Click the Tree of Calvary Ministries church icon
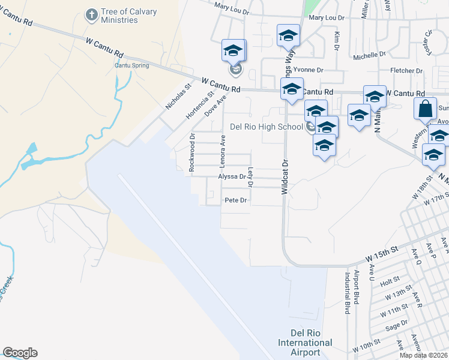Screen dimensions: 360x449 (91, 14)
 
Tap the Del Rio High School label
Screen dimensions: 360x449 (267, 127)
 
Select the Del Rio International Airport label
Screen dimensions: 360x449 (305, 343)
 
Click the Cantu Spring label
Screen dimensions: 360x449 (131, 65)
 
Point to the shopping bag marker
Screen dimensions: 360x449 (425, 110)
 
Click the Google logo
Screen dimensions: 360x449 (20, 353)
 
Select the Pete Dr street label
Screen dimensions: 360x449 (235, 200)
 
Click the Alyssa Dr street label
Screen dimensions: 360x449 (232, 177)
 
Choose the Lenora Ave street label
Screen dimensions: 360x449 (222, 150)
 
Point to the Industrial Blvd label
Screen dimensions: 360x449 (347, 293)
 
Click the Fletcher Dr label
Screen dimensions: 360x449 (406, 70)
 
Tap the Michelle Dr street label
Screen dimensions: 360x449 (369, 55)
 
